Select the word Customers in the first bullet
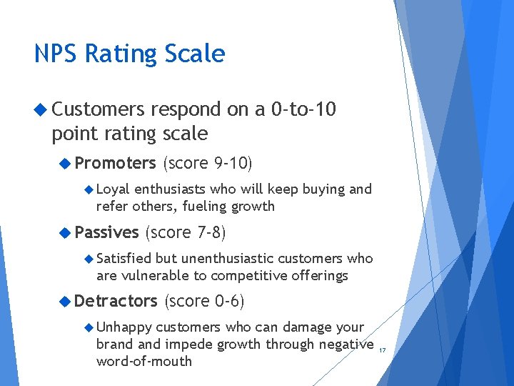coord(99,109)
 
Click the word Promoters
coord(115,163)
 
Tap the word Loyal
coord(112,189)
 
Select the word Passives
coord(106,232)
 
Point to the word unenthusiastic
coord(227,258)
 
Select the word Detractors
coord(116,301)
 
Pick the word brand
coord(114,345)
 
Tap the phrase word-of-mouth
coord(144,361)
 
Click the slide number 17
coord(382,350)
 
